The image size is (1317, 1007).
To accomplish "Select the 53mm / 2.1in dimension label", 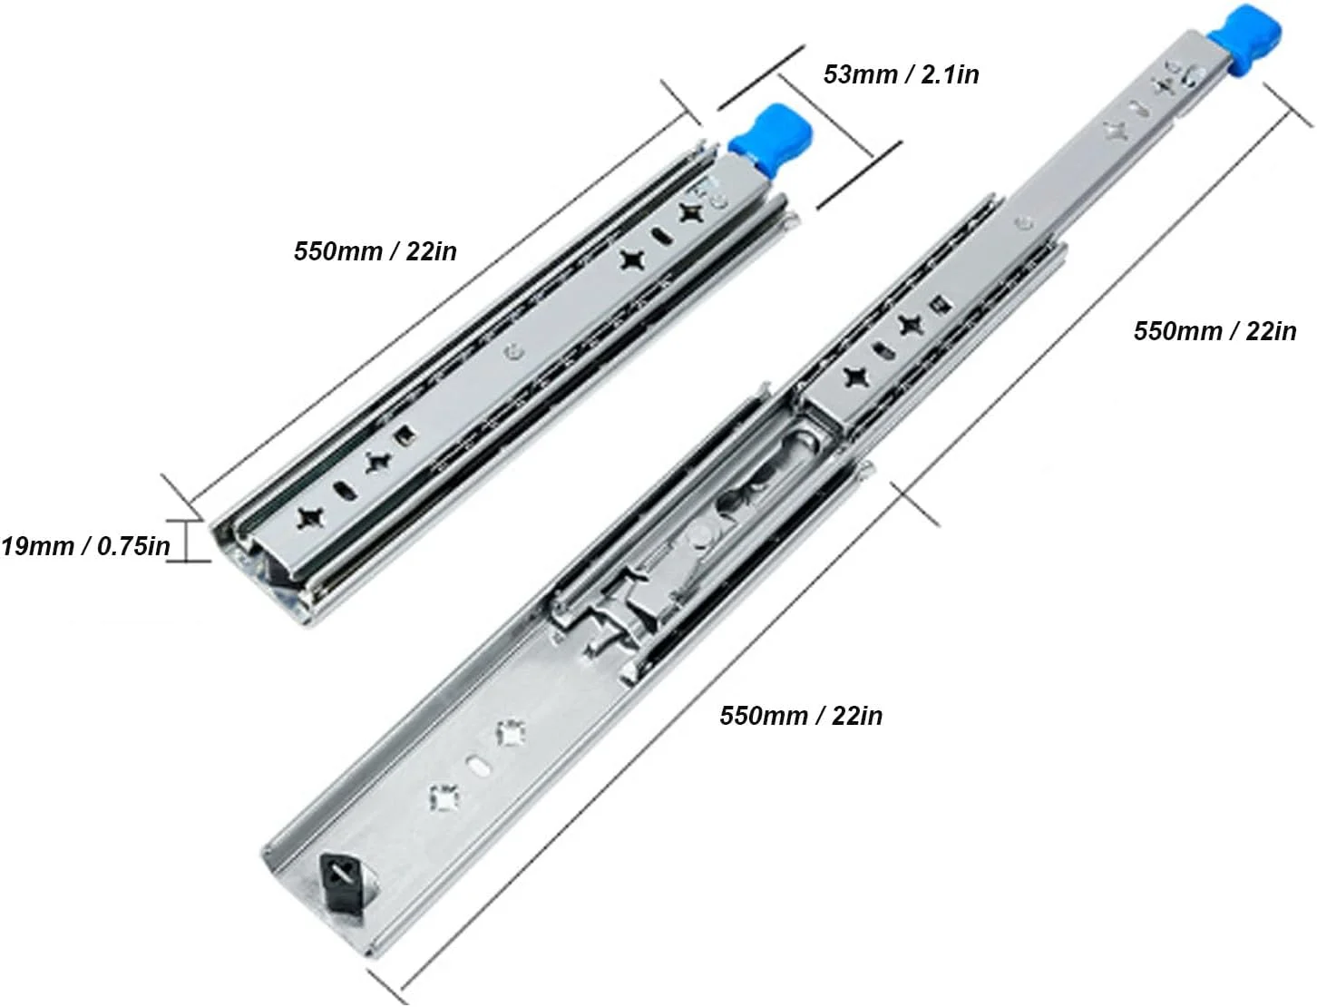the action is [901, 74].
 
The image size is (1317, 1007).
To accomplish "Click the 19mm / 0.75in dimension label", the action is [86, 546].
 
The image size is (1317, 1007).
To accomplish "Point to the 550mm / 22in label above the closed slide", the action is [375, 251].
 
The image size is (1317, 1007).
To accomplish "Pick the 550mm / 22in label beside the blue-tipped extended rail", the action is [1215, 331].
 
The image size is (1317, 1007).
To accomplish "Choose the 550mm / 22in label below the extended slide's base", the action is [801, 716].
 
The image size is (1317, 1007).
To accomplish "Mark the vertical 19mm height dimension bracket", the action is [187, 541].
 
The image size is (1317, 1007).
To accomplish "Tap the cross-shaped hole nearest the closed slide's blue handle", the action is [690, 212].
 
